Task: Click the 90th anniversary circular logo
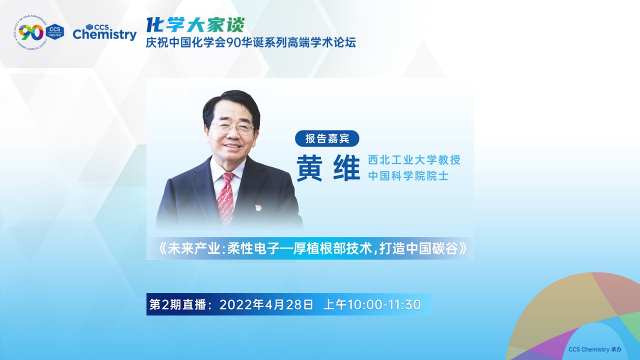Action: [31, 32]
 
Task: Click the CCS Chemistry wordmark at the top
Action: [104, 32]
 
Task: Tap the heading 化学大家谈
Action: [195, 25]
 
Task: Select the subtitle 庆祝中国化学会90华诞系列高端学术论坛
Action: [251, 42]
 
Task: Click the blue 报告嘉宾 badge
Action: [327, 138]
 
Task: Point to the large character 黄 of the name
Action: [310, 168]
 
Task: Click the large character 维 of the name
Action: [346, 168]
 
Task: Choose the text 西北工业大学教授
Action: [414, 160]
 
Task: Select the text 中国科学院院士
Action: [408, 175]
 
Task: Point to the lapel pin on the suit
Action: [258, 207]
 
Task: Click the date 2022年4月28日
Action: [266, 305]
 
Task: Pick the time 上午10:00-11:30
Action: [372, 305]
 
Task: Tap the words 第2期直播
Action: [177, 305]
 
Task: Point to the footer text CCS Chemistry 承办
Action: [595, 349]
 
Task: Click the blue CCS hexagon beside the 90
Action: [55, 31]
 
